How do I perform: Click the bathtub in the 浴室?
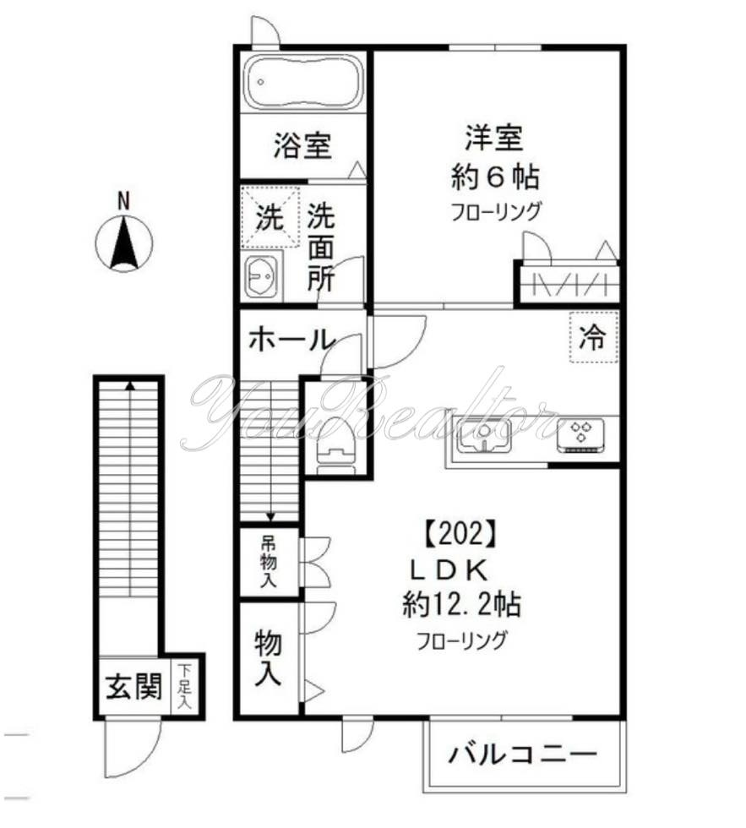click(x=302, y=82)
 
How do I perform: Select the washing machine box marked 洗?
click(x=270, y=219)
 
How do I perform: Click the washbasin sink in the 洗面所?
click(x=262, y=275)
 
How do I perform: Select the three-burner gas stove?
click(x=582, y=433)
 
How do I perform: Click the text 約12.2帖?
click(x=460, y=604)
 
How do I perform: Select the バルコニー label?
click(x=523, y=752)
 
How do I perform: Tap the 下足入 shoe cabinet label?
click(x=185, y=686)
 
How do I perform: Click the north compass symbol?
click(x=123, y=243)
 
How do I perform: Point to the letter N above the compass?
click(x=123, y=201)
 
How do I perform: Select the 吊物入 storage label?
click(x=268, y=561)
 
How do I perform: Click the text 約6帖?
click(x=495, y=177)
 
